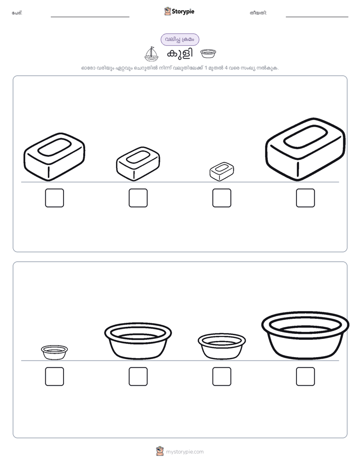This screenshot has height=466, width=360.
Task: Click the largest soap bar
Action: [306, 149]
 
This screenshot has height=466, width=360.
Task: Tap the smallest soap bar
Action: [221, 171]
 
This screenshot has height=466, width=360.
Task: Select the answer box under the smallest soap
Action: [221, 198]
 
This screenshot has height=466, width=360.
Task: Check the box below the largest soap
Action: [306, 198]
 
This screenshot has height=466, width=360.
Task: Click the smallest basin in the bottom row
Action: [54, 353]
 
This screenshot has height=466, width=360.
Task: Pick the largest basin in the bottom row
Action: [306, 335]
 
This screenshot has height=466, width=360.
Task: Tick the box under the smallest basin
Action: [54, 377]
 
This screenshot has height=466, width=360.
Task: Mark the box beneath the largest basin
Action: [306, 377]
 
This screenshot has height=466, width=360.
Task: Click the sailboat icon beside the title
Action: [151, 54]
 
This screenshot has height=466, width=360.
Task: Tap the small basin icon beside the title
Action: [208, 54]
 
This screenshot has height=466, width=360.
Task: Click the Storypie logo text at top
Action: [183, 12]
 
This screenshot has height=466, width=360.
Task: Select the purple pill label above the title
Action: [180, 39]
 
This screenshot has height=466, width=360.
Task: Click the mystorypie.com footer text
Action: [185, 452]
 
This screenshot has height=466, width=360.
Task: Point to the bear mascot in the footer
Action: [160, 451]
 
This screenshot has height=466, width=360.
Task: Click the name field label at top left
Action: [17, 13]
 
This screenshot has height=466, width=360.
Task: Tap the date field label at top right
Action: [259, 13]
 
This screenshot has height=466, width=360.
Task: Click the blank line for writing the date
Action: [317, 17]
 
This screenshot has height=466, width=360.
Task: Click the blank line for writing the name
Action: [90, 17]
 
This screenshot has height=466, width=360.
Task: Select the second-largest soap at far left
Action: [54, 157]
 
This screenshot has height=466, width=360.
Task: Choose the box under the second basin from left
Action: [138, 377]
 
